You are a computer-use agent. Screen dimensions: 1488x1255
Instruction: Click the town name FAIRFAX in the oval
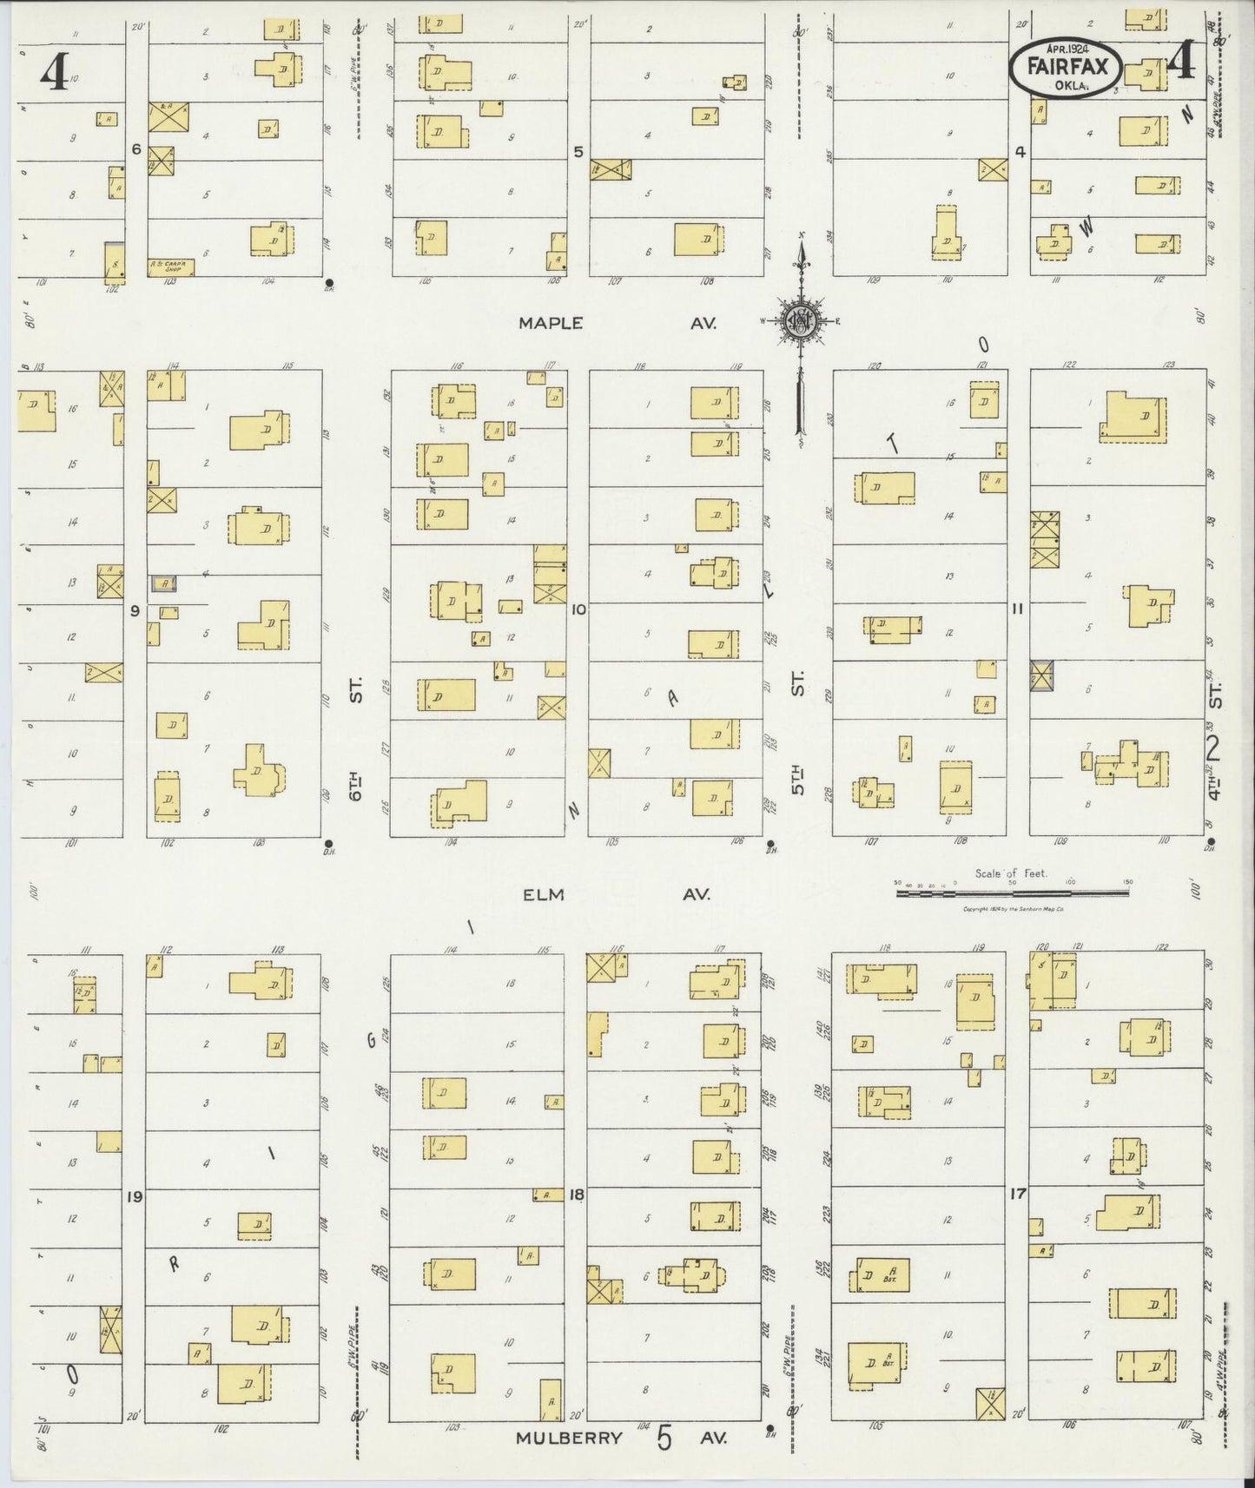point(1066,66)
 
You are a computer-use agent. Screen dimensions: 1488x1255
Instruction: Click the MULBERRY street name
point(569,1437)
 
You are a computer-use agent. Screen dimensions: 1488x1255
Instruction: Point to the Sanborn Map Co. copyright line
point(1014,910)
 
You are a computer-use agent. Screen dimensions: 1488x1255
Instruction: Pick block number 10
point(578,609)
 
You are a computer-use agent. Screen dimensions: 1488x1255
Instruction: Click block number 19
point(134,1197)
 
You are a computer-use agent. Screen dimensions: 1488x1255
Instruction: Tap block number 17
point(1018,1195)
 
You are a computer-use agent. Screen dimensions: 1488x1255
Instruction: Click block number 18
point(576,1195)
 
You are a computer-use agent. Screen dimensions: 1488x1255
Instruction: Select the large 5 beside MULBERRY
point(665,1437)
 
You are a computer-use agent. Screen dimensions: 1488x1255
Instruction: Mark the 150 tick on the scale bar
point(1127,881)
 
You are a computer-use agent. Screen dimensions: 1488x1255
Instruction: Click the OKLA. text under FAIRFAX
point(1067,84)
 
